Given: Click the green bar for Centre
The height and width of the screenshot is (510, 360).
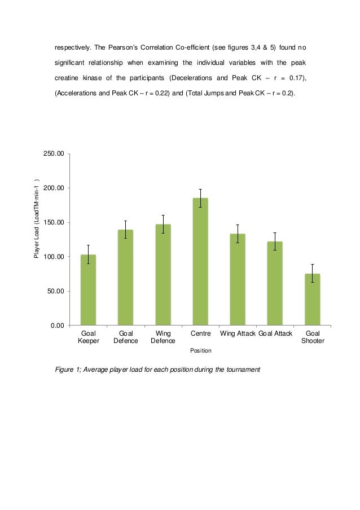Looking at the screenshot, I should (x=200, y=262).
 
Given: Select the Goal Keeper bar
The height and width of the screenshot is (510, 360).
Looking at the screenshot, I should (x=88, y=290).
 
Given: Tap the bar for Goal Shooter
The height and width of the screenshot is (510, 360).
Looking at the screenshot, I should (x=312, y=300).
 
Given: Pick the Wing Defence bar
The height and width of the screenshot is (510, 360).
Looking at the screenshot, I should (x=163, y=275).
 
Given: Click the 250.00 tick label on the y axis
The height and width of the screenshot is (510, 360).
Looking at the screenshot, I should (x=54, y=153).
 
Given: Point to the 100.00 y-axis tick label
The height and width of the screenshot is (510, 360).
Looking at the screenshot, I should (x=54, y=257).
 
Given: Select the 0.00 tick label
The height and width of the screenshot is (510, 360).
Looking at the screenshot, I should (x=56, y=326).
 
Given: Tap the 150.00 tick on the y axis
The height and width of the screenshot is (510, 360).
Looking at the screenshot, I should (x=54, y=222).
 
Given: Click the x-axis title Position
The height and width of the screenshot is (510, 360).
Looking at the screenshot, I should (x=200, y=350).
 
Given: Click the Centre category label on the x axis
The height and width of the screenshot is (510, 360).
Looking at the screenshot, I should (x=200, y=334).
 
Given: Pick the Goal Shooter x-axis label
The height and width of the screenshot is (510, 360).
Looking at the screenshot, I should (x=312, y=337).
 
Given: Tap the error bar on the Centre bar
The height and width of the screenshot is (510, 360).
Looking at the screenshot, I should (x=200, y=198).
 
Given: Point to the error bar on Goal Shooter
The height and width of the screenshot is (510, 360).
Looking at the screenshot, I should (x=312, y=273).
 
